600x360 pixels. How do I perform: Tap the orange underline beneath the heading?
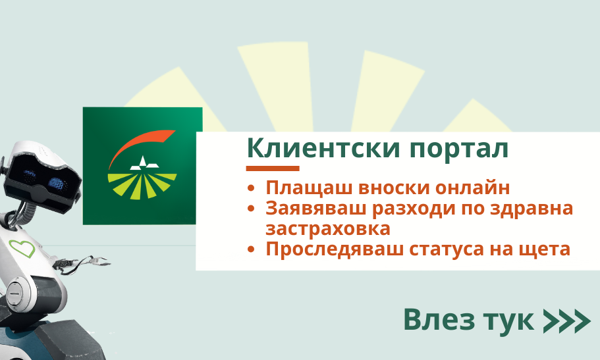coord(273,168)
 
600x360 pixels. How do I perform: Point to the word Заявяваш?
coord(315,209)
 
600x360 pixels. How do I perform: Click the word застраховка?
coord(328,229)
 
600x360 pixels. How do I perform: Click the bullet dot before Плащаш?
coord(251,188)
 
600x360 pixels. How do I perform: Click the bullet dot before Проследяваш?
coord(251,249)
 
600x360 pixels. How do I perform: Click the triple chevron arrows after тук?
coord(566,321)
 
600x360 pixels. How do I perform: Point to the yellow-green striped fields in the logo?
coord(142,186)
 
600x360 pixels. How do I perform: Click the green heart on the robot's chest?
coord(22,249)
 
